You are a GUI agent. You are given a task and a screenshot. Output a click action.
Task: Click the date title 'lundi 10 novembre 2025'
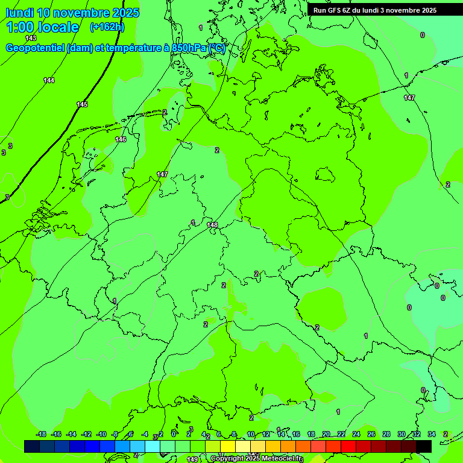pos(72,13)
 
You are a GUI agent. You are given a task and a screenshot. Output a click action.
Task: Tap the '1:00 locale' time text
pos(42,27)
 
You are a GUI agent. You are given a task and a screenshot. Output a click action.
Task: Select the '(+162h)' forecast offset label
pos(107,27)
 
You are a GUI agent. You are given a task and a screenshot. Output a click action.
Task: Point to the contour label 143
pos(31,38)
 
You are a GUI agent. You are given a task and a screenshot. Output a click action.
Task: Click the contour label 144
pos(49,80)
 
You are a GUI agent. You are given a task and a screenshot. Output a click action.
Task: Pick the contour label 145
pos(82,104)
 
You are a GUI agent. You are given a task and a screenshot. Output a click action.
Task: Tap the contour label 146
pos(121,139)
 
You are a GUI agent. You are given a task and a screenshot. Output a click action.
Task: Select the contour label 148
pos(212,225)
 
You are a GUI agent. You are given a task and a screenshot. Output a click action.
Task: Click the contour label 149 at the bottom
pos(192,459)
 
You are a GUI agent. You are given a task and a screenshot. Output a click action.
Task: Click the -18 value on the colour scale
pos(42,434)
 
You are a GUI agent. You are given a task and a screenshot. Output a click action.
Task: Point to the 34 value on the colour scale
pos(432,434)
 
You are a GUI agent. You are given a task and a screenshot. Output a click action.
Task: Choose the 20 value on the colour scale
pos(326,434)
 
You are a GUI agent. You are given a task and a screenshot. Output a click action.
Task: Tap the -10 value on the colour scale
pos(101,434)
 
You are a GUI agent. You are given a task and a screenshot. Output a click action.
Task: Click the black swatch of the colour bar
pos(424,446)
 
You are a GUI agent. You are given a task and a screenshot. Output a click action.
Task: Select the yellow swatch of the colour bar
pos(228,446)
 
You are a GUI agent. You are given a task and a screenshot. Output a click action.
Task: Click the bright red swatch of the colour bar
pos(348,446)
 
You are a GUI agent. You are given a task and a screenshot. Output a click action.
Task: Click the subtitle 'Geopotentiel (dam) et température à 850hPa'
pos(115,48)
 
